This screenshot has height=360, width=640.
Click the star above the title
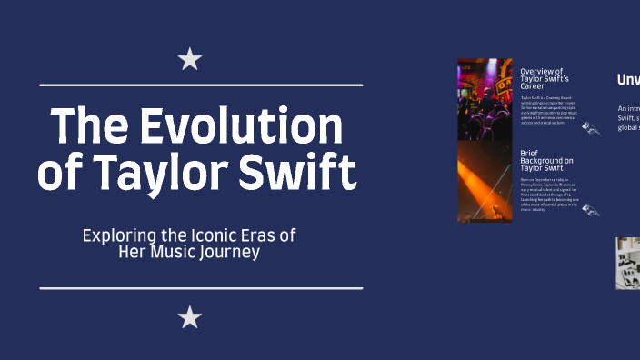[189, 60]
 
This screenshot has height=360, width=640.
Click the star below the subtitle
[189, 317]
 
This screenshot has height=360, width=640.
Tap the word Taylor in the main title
[166, 172]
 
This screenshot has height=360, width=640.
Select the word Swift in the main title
[299, 172]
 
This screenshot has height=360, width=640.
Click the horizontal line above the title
[201, 85]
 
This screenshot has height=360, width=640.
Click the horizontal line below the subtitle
[201, 288]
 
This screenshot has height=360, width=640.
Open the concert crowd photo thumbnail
[485, 99]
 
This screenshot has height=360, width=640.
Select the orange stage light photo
[485, 182]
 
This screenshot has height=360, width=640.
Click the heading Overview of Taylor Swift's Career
[542, 79]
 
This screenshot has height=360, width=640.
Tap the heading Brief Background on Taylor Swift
[546, 161]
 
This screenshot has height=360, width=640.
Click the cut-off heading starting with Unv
[628, 80]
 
